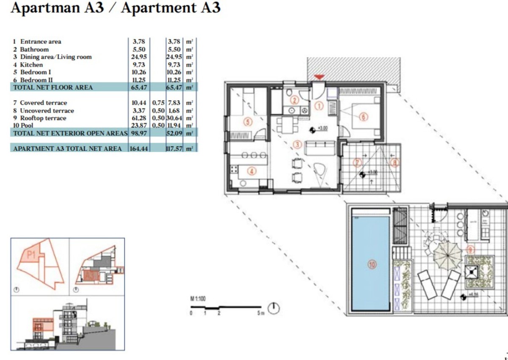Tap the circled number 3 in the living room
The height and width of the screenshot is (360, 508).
pyautogui.click(x=297, y=145)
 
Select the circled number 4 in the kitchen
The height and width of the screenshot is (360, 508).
pyautogui.click(x=251, y=171)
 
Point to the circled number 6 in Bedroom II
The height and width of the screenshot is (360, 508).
pyautogui.click(x=363, y=117)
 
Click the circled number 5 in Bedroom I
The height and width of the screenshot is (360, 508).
pyautogui.click(x=248, y=122)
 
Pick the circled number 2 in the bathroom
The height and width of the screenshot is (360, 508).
pyautogui.click(x=295, y=100)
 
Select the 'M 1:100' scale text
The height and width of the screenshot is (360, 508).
pyautogui.click(x=198, y=299)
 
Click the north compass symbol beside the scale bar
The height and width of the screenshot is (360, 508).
pyautogui.click(x=275, y=309)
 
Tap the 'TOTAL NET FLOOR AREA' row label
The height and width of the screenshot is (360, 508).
pyautogui.click(x=53, y=88)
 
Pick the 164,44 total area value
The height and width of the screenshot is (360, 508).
pyautogui.click(x=140, y=148)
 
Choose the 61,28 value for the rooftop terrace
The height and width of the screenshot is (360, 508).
pyautogui.click(x=139, y=118)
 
